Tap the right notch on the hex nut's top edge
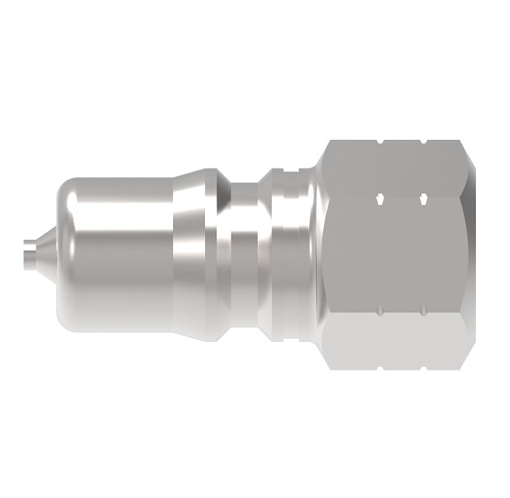(x=422, y=142)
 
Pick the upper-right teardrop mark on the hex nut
(x=423, y=200)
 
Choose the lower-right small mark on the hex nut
(x=423, y=313)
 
